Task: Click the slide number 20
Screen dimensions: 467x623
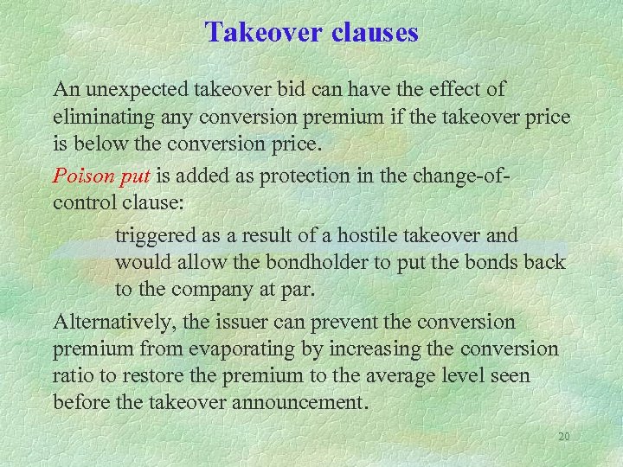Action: click(x=563, y=437)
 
